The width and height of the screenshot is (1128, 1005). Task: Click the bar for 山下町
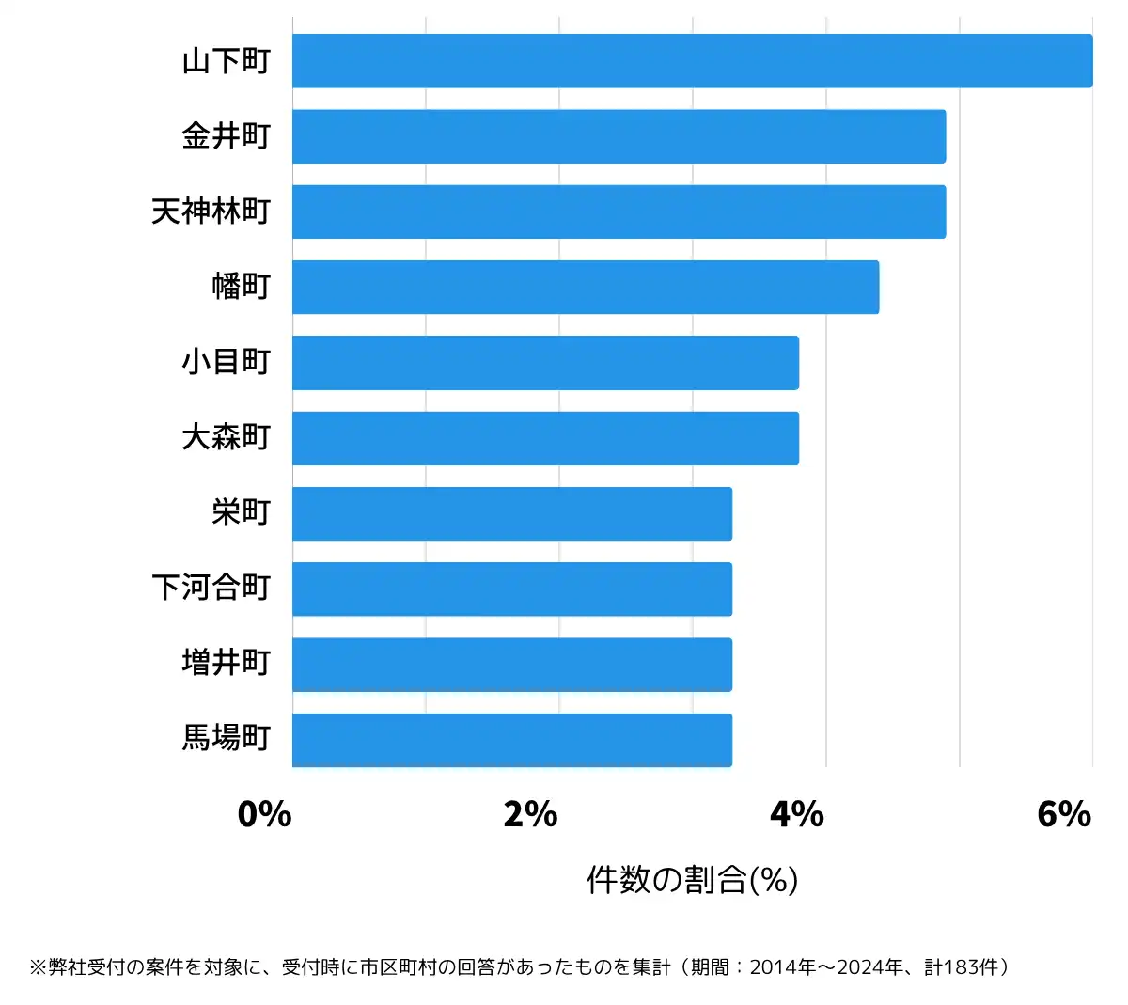tap(692, 61)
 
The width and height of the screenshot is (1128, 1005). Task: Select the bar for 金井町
tap(619, 136)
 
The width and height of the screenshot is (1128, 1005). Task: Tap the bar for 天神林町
tap(619, 212)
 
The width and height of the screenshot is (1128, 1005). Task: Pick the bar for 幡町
tap(586, 287)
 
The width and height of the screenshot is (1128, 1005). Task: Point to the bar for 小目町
tap(545, 363)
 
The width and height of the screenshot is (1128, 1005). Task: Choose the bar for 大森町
tap(545, 438)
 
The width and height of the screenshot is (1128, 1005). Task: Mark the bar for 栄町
tap(512, 513)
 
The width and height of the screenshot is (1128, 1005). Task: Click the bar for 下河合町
tap(512, 589)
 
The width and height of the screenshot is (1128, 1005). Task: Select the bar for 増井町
tap(512, 665)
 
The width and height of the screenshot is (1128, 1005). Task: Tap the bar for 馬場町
tap(512, 740)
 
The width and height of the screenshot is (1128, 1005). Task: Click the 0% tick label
tap(264, 814)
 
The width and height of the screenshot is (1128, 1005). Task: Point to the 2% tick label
tap(530, 814)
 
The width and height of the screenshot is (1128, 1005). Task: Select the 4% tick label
tap(797, 814)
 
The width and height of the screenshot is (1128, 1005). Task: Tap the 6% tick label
tap(1064, 814)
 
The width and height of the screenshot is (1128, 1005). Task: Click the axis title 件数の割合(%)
tap(693, 880)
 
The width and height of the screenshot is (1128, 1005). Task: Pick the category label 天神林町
tap(211, 212)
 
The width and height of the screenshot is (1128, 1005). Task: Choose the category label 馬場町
tap(227, 739)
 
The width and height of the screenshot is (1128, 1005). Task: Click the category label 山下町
tap(227, 61)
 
